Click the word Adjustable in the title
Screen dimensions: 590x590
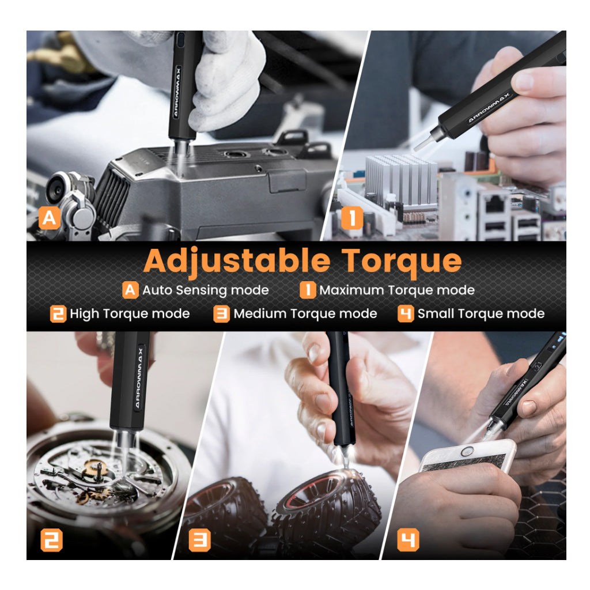click(x=237, y=261)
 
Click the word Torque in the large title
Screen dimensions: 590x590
click(x=402, y=261)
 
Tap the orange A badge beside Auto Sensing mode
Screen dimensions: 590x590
click(x=130, y=290)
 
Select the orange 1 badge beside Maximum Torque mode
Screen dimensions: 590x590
click(x=308, y=290)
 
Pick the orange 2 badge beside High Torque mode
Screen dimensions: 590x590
click(x=58, y=314)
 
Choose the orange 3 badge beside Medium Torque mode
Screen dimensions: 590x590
click(x=221, y=314)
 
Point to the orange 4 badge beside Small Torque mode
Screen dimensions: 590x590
click(x=406, y=314)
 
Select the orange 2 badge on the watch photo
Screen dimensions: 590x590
click(x=51, y=540)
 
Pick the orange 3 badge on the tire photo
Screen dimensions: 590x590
click(x=199, y=540)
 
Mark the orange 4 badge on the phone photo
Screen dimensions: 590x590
click(x=409, y=540)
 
